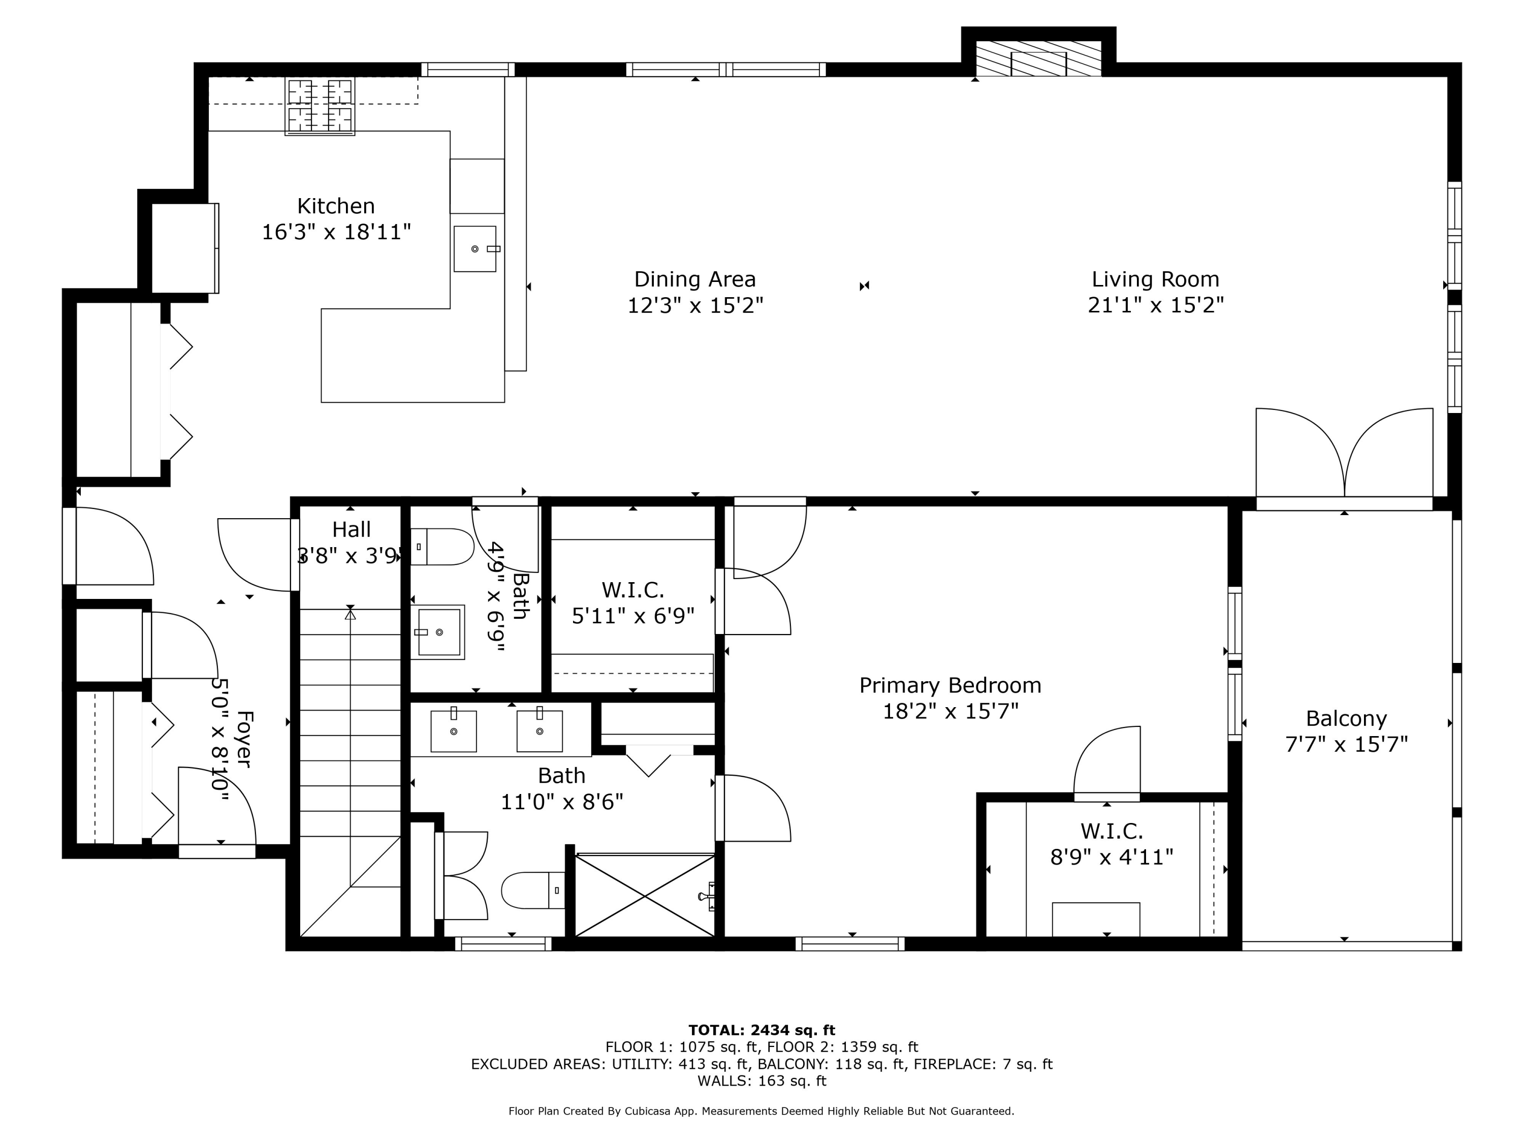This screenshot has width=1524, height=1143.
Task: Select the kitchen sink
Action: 474,249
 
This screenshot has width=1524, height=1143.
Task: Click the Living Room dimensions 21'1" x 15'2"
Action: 1155,304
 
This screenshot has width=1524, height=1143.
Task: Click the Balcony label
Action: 1346,719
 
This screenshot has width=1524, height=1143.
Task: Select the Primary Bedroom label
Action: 950,685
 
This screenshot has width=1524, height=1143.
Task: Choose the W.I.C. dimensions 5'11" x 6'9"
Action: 632,615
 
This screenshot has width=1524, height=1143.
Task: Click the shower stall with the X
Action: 645,896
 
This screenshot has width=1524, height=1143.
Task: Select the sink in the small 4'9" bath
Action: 437,632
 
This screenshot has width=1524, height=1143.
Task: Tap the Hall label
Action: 352,530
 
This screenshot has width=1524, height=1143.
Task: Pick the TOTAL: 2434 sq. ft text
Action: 761,1030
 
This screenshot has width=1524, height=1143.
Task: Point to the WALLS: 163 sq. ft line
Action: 761,1081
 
